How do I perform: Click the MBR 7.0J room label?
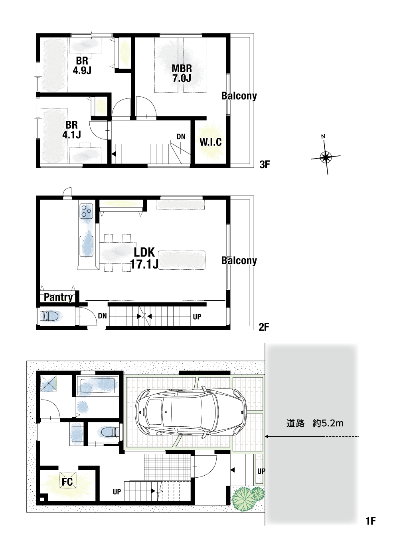[182, 73]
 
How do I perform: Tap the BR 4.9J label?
[82, 65]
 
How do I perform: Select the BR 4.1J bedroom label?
[72, 129]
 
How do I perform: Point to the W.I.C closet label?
[211, 142]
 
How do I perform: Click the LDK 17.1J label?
[144, 258]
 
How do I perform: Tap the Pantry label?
[59, 297]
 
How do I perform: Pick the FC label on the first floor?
[67, 482]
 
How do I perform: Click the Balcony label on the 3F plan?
[239, 96]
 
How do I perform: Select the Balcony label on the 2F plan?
[239, 261]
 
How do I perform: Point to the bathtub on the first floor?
[97, 386]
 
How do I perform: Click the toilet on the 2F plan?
[51, 316]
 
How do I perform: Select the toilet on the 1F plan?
[111, 432]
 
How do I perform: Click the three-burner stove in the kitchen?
[86, 211]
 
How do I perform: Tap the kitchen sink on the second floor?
[87, 246]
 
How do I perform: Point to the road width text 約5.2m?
[328, 424]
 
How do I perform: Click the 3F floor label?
[265, 165]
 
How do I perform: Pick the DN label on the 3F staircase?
[181, 137]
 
